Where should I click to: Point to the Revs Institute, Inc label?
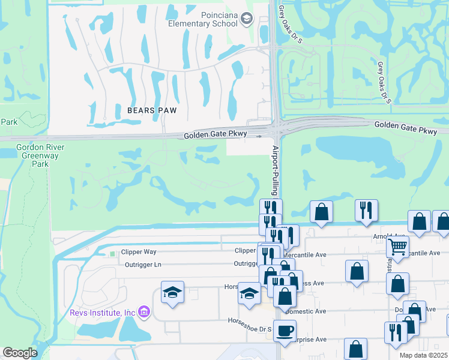(x=103, y=312)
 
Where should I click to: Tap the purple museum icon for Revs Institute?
(x=143, y=311)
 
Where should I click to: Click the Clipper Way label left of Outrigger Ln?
(x=139, y=253)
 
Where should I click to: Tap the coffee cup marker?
(x=285, y=329)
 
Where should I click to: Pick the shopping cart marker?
(x=397, y=245)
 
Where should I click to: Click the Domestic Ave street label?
(x=306, y=311)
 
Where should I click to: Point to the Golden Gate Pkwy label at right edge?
(x=411, y=126)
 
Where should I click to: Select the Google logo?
(x=20, y=353)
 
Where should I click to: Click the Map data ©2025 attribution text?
(x=424, y=355)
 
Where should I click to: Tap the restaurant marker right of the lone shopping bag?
(x=366, y=210)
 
